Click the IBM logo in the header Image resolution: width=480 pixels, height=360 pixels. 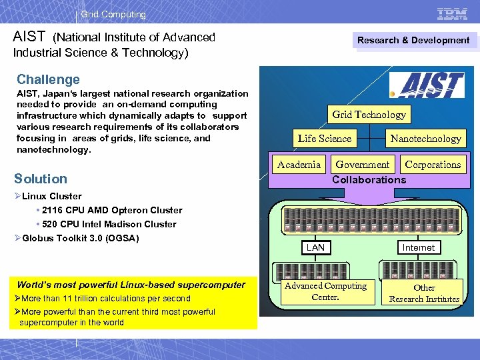[452, 13]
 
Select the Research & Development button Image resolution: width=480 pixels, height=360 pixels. [413, 41]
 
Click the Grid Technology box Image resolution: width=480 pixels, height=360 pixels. [369, 115]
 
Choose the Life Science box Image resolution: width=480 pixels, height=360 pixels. [325, 139]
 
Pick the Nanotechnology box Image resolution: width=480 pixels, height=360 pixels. [425, 139]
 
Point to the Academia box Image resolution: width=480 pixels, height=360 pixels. [299, 165]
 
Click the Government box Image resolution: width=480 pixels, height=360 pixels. [363, 165]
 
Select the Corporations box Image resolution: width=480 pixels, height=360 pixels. [433, 165]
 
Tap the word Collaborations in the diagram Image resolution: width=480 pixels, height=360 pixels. [369, 180]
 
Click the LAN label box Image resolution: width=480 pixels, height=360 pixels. [315, 247]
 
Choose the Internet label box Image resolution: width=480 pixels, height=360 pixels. [418, 247]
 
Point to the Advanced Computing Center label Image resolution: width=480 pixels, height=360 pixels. [325, 291]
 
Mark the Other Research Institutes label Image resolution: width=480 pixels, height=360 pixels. [424, 293]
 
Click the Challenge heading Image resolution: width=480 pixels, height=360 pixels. [48, 79]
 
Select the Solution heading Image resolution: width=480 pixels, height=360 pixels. [41, 179]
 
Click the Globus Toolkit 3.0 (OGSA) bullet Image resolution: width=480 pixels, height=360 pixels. [80, 238]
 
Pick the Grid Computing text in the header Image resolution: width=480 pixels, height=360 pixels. [113, 14]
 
